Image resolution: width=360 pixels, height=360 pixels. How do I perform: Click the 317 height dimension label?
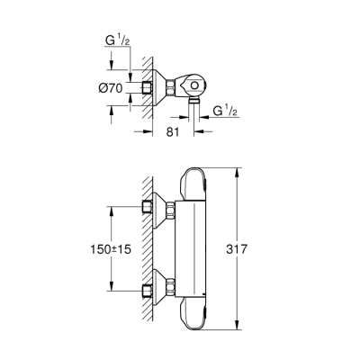tap(258, 248)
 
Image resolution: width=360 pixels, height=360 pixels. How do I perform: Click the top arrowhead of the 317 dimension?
tap(236, 170)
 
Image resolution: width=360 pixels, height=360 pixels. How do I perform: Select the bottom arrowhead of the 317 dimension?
tap(236, 328)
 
